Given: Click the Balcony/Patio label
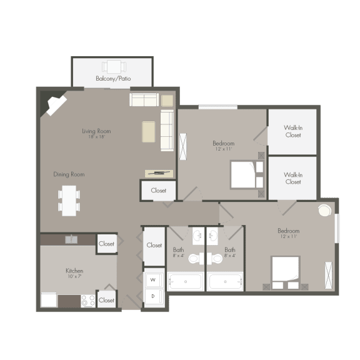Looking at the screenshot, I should (112, 79).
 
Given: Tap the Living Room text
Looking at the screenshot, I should (96, 131).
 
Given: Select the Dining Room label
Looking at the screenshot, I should (69, 174).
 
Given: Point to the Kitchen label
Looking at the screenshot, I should (74, 271).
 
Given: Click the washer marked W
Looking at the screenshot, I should (153, 279).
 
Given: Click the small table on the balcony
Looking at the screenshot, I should (113, 66).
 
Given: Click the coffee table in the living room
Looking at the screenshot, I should (148, 131).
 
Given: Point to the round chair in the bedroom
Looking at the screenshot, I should (325, 211).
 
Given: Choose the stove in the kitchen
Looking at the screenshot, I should (88, 301).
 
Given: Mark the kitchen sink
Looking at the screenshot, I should (71, 239).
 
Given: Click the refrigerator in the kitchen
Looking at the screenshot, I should (49, 299).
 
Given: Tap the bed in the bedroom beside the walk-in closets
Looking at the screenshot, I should (245, 174).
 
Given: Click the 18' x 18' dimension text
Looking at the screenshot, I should (96, 137).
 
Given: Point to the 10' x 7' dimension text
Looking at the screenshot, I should (74, 276).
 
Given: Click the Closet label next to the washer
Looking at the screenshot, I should (154, 246).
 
